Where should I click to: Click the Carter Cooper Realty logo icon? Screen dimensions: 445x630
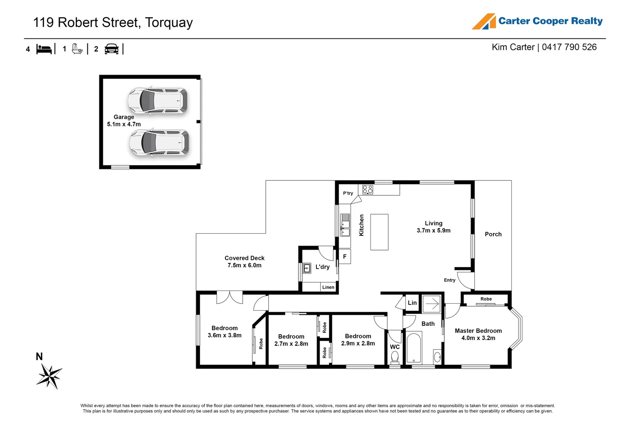coord(484,21)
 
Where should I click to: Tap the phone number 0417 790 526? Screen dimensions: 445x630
coord(569,47)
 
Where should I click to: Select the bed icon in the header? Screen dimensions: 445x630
coord(44,49)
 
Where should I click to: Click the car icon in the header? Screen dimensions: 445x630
coord(112,49)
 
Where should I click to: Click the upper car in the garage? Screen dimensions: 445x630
coord(157,100)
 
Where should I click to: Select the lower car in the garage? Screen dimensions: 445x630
coord(159,143)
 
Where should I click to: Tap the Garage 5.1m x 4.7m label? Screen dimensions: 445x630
coord(124,121)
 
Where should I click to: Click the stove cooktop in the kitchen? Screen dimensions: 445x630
coord(368,190)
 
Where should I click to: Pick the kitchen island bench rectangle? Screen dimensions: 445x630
coord(379,232)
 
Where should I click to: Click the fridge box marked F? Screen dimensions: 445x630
coord(345,257)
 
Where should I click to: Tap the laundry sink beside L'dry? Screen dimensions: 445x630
coord(307,269)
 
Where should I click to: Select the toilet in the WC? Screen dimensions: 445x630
coord(395,357)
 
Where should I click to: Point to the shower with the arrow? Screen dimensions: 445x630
coord(431,304)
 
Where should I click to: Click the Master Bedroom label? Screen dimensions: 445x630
coord(478,334)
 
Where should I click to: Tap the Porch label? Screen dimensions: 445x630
coord(493,234)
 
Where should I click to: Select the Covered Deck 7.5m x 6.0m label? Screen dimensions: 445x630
coord(244,262)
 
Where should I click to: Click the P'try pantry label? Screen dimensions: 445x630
coord(348,193)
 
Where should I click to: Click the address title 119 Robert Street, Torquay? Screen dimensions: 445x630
coord(113,22)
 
